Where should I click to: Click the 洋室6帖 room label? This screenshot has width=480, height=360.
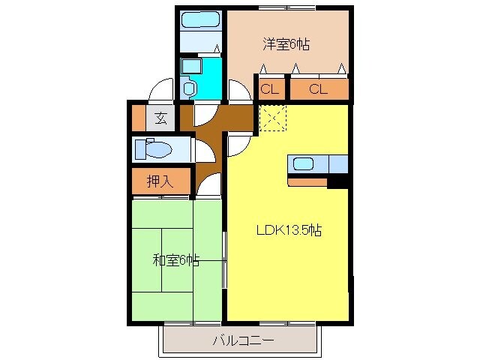(x=286, y=44)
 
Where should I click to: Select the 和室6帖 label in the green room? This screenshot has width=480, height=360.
(x=176, y=261)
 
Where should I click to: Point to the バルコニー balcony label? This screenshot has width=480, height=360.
(x=241, y=340)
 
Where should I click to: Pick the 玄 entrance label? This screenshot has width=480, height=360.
(x=161, y=117)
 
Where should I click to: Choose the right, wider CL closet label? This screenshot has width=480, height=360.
(x=319, y=89)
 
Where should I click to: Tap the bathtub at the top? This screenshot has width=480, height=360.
(x=199, y=20)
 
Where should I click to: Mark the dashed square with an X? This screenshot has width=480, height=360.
(x=271, y=117)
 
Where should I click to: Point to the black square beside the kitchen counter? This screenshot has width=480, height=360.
(x=337, y=181)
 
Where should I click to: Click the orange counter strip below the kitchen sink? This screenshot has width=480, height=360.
(x=307, y=181)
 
